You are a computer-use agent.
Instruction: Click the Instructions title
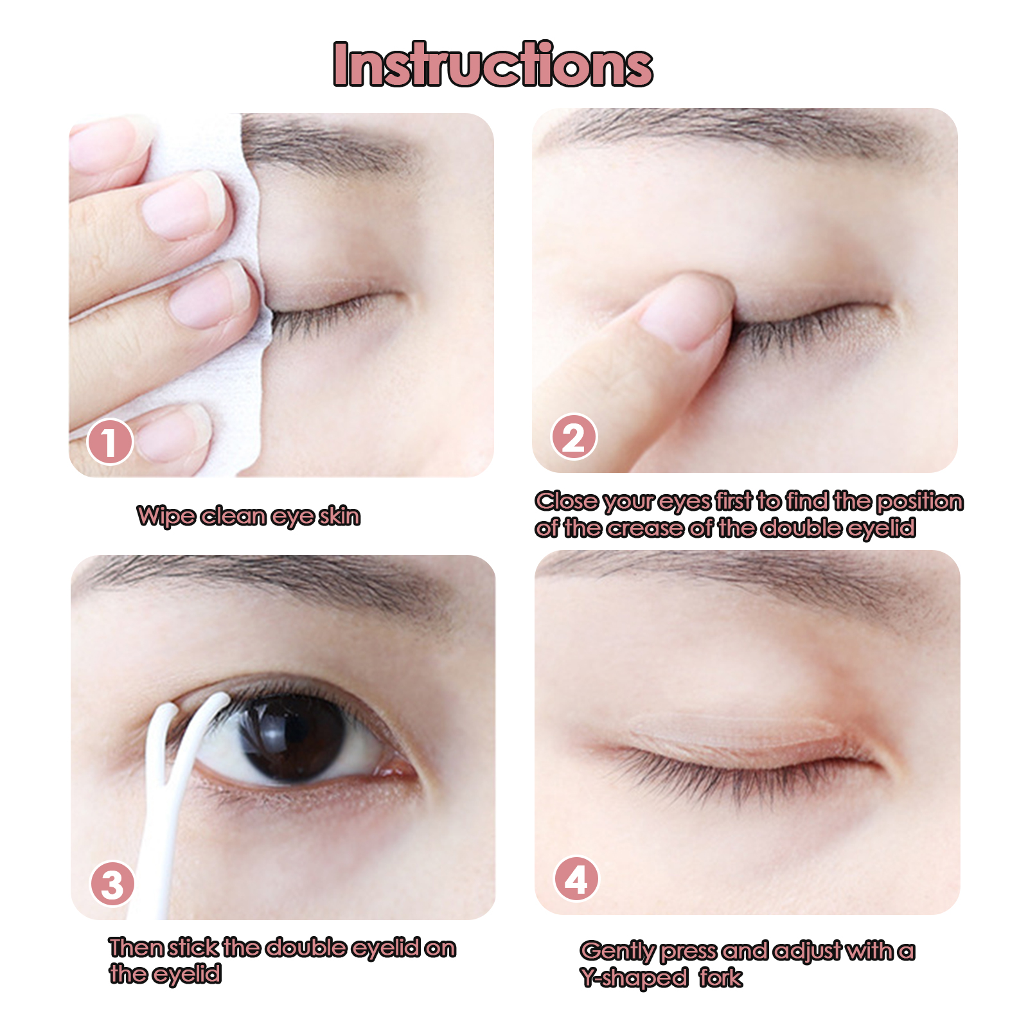point(493,64)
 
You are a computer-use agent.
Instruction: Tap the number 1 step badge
point(110,442)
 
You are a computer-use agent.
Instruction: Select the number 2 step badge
point(574,437)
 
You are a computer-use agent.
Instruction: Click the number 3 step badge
point(112,884)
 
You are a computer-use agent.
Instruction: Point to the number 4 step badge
point(576,880)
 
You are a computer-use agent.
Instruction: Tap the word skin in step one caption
point(340,515)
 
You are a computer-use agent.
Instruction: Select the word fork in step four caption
point(721,977)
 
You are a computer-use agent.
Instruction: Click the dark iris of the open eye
point(294,738)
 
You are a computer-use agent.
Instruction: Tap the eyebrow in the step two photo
point(739,132)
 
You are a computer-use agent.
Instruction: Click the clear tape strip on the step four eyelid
point(732,732)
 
